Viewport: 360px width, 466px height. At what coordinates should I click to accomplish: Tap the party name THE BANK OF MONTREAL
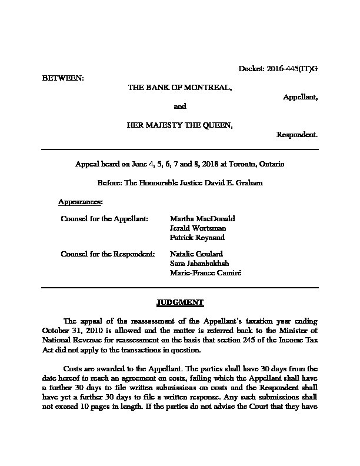coord(179,87)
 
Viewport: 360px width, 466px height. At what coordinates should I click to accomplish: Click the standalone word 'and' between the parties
coord(180,106)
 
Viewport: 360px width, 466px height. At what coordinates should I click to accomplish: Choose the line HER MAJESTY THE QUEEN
coord(179,125)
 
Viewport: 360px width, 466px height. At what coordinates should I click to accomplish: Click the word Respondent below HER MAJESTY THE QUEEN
coord(297,134)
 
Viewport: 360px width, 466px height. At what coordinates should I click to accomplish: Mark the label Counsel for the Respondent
coord(108,254)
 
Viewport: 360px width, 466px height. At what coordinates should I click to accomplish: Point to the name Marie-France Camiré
coord(205,273)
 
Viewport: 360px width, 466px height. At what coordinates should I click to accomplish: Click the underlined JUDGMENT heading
coord(180,302)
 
